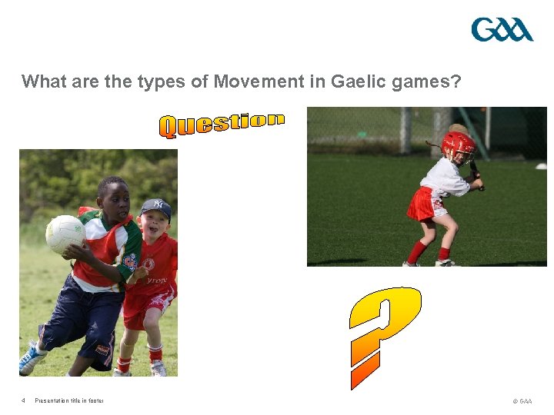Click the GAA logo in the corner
pyautogui.click(x=502, y=30)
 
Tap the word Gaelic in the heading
pyautogui.click(x=360, y=81)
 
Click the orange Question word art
pyautogui.click(x=222, y=124)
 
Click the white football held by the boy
pyautogui.click(x=65, y=233)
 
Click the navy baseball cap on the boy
pyautogui.click(x=156, y=207)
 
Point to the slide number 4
pyautogui.click(x=24, y=400)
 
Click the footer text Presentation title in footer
pyautogui.click(x=69, y=400)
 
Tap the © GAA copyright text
pyautogui.click(x=521, y=400)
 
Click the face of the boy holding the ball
pyautogui.click(x=113, y=199)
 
